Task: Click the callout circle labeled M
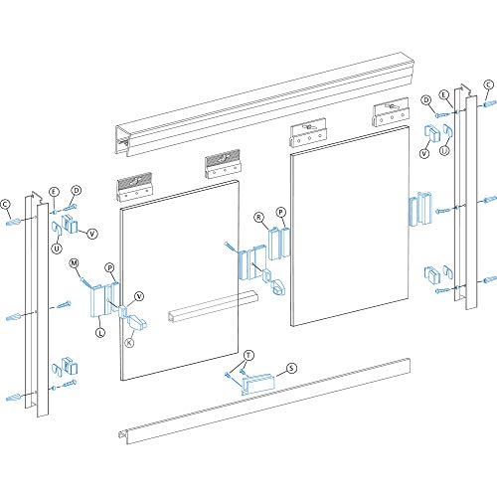(x=74, y=263)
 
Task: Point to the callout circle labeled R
(x=257, y=215)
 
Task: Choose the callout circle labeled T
(x=248, y=355)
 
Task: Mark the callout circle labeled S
(x=291, y=368)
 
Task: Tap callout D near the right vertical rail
(x=424, y=99)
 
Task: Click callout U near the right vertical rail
(x=443, y=151)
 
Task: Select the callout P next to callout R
(x=281, y=213)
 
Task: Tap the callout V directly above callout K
(x=138, y=295)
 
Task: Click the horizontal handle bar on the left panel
(x=213, y=302)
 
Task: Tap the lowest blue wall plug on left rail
(x=14, y=399)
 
